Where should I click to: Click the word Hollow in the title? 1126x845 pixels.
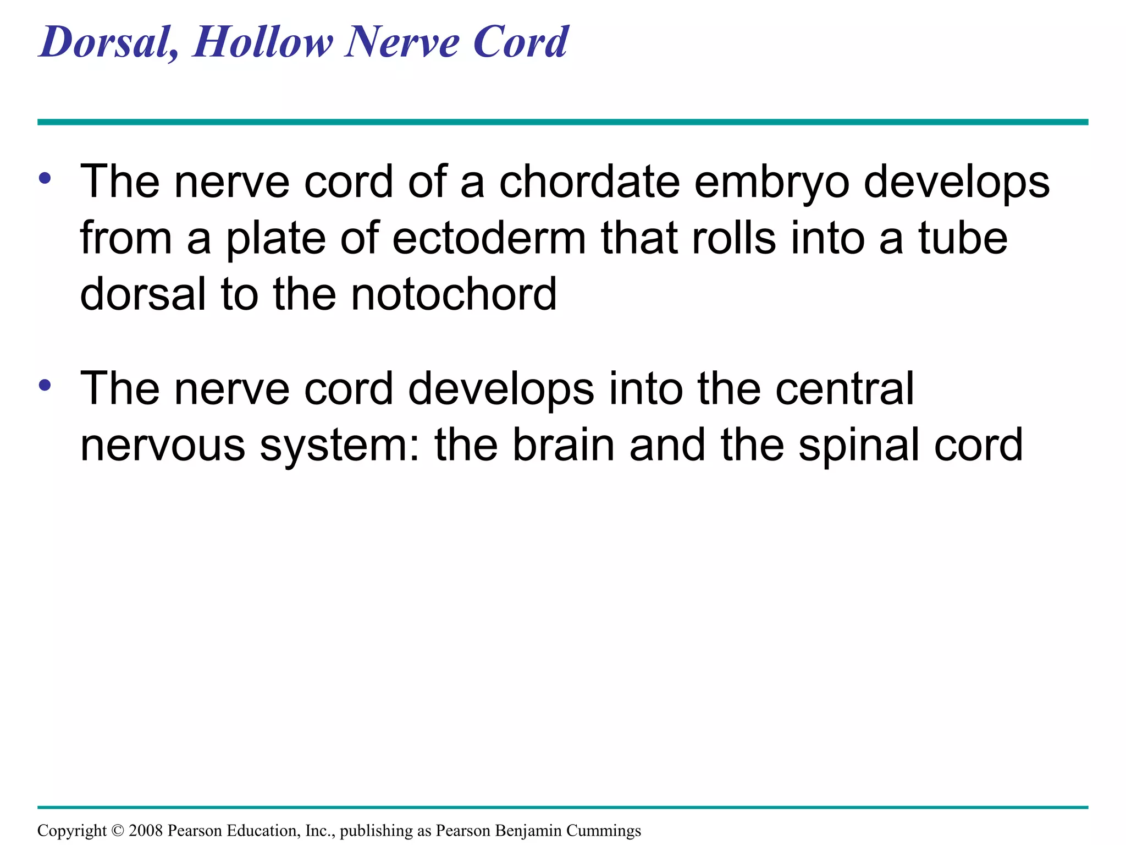(262, 42)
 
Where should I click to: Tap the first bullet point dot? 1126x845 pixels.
(45, 178)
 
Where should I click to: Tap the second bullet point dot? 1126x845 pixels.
(45, 385)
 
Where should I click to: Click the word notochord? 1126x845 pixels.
(454, 294)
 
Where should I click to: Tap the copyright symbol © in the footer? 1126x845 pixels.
(118, 831)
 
